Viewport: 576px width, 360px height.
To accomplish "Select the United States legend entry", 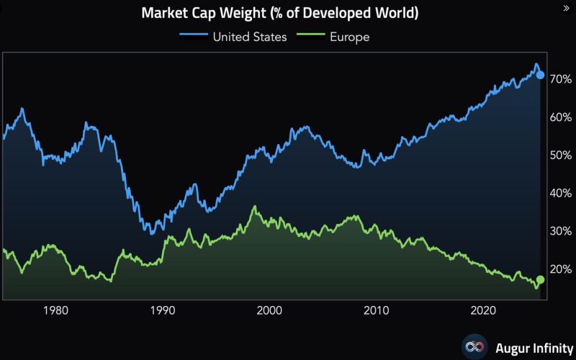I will [x=243, y=37].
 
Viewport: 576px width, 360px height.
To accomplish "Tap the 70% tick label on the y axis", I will [x=560, y=79].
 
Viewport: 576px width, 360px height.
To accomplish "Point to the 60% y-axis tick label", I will [x=560, y=117].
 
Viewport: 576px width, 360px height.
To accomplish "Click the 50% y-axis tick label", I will [x=560, y=156].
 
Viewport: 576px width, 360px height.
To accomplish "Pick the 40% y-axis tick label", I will [x=560, y=194].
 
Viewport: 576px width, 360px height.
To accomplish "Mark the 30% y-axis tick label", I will [x=560, y=231].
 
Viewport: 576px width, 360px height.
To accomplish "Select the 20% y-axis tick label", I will [x=560, y=269].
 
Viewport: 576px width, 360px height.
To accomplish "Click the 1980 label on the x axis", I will [x=56, y=310].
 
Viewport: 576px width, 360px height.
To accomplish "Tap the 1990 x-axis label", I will [x=163, y=310].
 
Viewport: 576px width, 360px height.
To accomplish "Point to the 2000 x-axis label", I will [x=269, y=310].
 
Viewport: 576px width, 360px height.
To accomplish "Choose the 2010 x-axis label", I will [x=376, y=310].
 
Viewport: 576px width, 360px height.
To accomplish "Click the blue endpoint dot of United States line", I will [x=541, y=75].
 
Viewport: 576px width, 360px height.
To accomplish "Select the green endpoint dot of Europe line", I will [x=541, y=280].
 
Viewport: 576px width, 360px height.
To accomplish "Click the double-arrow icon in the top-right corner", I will [x=564, y=8].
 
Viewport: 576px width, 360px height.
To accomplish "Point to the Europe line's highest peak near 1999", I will [x=254, y=207].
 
